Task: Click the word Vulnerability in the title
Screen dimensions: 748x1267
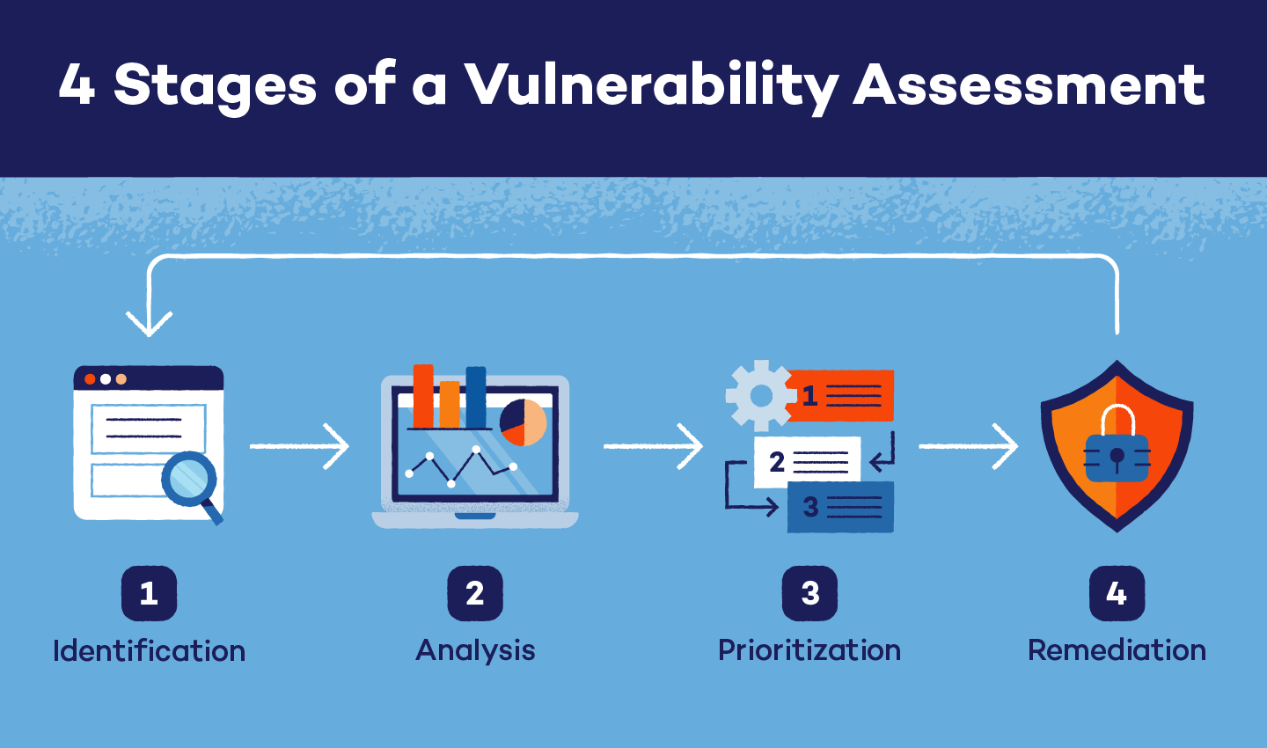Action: tap(651, 86)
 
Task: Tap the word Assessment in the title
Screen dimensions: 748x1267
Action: tap(1029, 86)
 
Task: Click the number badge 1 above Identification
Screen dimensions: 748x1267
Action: tap(149, 593)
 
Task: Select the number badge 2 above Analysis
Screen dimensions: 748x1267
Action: tap(475, 593)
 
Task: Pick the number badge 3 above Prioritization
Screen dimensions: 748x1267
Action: tap(809, 593)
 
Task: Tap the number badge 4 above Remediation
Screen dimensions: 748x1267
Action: tap(1117, 593)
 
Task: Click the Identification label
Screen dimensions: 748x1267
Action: tap(149, 651)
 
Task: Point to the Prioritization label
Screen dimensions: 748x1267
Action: tap(809, 650)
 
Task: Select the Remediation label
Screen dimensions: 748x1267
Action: tap(1117, 650)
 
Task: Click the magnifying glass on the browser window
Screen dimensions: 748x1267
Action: tap(190, 480)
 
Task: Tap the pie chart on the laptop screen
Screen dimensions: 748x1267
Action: tap(524, 422)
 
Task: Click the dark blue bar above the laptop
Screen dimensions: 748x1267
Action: tap(476, 397)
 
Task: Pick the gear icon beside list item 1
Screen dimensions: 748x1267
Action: tap(760, 396)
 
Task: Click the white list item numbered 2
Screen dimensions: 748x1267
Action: tap(807, 462)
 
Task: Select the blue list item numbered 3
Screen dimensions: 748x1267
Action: tap(840, 507)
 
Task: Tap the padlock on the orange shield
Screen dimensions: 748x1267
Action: tap(1117, 451)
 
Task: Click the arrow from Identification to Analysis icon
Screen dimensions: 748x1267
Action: tap(299, 446)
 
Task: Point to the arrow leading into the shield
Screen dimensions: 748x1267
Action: tap(968, 446)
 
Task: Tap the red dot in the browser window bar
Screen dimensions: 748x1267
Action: tap(90, 379)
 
